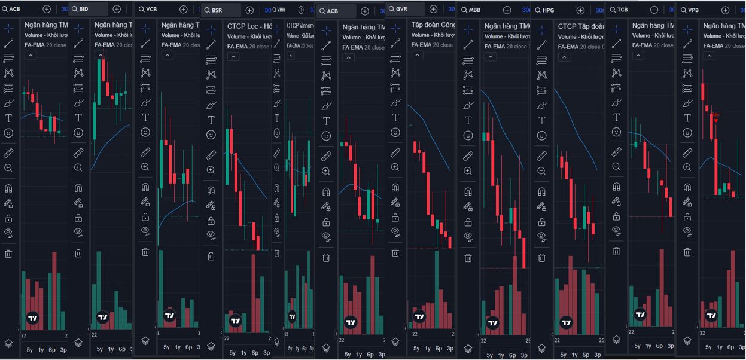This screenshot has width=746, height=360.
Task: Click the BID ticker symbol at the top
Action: pos(84,9)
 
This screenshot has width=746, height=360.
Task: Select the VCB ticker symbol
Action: pos(151,9)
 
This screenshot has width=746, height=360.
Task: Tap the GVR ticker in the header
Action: pos(401,9)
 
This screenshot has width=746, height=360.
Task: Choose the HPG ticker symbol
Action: pos(548,10)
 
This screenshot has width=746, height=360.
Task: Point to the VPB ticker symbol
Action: pos(693,10)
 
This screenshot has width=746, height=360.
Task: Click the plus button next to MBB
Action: pos(507,10)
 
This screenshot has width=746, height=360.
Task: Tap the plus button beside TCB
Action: pos(654,10)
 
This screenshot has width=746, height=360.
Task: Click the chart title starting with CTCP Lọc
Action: pos(249,26)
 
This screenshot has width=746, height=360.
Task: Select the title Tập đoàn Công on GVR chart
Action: pos(433,25)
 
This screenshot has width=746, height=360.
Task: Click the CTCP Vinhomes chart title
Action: pos(300,26)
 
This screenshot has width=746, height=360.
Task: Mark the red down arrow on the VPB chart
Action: pos(715,120)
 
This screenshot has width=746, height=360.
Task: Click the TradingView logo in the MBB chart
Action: pos(492,323)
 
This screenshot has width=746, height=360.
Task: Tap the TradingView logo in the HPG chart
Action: pos(566,323)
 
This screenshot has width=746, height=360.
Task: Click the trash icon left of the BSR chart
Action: pos(211,256)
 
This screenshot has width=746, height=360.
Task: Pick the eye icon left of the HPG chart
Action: pos(541,236)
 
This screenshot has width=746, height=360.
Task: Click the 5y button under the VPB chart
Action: pos(708,347)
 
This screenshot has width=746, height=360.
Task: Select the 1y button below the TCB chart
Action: pos(648,346)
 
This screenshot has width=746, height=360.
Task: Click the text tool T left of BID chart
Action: pos(78,117)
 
